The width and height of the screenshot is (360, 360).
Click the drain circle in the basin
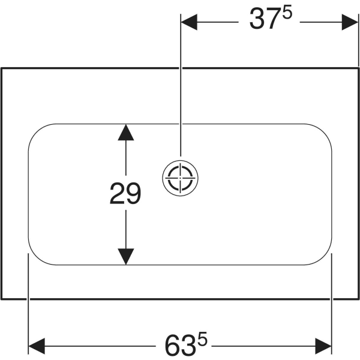180,178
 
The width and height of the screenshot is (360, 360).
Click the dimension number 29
125,193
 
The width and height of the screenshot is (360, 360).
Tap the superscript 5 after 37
287,13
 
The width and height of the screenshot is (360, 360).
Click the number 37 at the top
266,19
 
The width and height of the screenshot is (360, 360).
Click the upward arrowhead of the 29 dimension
126,132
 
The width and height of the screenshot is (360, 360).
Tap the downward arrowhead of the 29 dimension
126,256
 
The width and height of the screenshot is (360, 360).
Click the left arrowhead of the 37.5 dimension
189,22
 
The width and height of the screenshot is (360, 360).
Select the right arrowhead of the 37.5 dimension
350,22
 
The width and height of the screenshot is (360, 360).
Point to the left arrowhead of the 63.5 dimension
37,346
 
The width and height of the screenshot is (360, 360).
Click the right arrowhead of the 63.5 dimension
323,346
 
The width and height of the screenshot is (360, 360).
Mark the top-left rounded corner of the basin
37,132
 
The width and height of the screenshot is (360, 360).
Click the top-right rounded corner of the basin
323,132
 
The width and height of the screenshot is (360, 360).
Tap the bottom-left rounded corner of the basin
37,257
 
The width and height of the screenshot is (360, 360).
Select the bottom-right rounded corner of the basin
323,257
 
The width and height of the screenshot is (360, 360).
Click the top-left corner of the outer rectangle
1,68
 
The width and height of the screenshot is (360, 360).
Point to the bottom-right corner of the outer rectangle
358,299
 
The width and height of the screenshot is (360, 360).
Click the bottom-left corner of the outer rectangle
1,299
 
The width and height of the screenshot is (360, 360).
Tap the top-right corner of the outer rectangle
358,68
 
